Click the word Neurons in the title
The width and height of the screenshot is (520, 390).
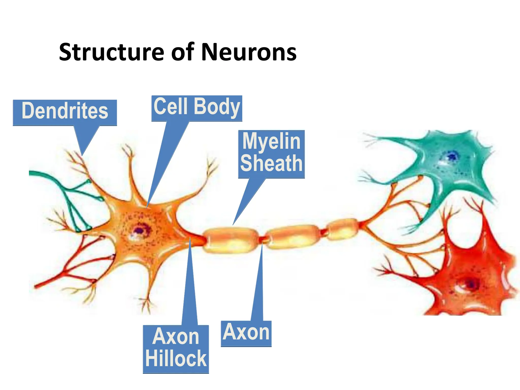249,53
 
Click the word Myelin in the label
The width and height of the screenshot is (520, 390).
271,141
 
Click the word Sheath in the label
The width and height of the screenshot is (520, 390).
271,164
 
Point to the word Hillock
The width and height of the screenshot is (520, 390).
176,359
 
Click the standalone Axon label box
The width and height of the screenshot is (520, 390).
246,333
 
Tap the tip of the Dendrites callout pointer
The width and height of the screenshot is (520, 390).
82,155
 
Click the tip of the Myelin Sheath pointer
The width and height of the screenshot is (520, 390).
233,225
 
